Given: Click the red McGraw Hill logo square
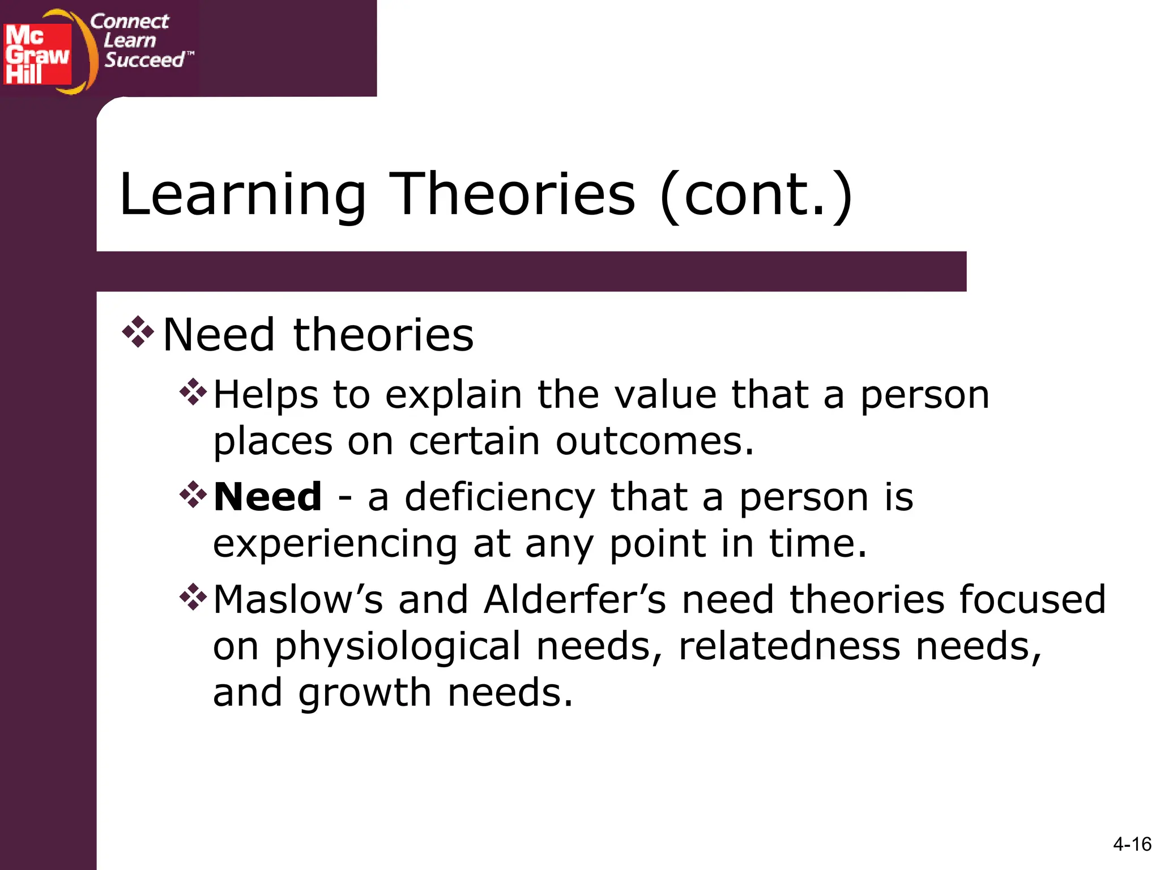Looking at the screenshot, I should tap(37, 54).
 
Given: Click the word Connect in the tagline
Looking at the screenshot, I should tap(129, 22).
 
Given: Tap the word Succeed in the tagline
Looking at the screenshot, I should tap(144, 60).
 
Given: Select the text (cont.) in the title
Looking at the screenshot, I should tap(757, 195).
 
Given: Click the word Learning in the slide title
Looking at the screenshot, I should tap(243, 195).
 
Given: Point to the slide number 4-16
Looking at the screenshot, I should tap(1132, 845).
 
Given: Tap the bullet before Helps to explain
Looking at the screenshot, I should tap(193, 391).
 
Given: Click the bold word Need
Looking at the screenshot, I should tap(268, 497).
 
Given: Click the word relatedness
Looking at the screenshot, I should tap(789, 646).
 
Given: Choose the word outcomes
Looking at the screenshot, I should tap(654, 441).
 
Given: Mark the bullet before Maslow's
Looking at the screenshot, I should tap(193, 597).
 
